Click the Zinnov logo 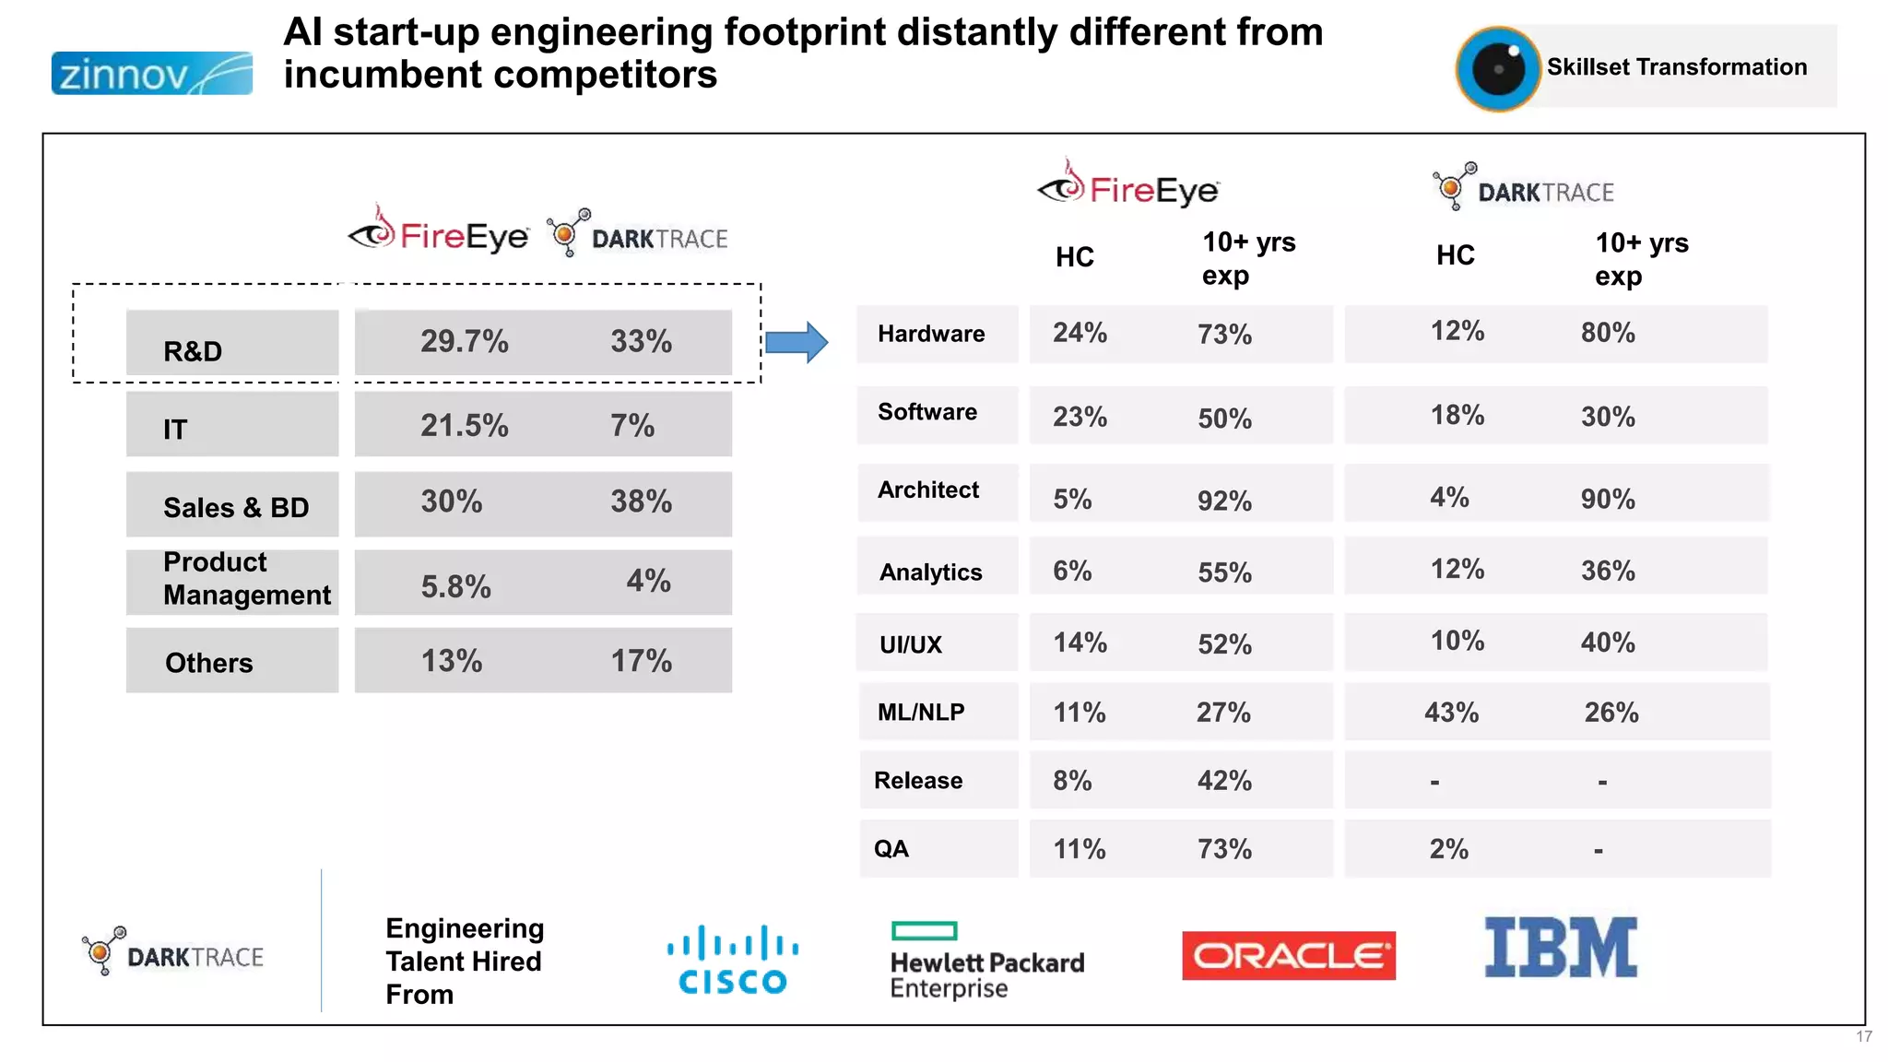152,74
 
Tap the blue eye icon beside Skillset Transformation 1498,69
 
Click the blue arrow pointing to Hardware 796,343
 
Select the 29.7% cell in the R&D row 464,342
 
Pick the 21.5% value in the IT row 464,426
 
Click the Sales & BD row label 236,507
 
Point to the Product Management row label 246,579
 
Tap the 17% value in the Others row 641,661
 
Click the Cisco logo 733,960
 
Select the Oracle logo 1288,956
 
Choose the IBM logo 1561,948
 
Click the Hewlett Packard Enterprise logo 986,962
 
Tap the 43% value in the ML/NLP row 1451,713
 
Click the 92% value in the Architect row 1224,501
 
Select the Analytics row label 930,572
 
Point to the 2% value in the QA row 1448,849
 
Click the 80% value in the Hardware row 1608,333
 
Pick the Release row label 918,781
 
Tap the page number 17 1863,1037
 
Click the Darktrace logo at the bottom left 173,952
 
